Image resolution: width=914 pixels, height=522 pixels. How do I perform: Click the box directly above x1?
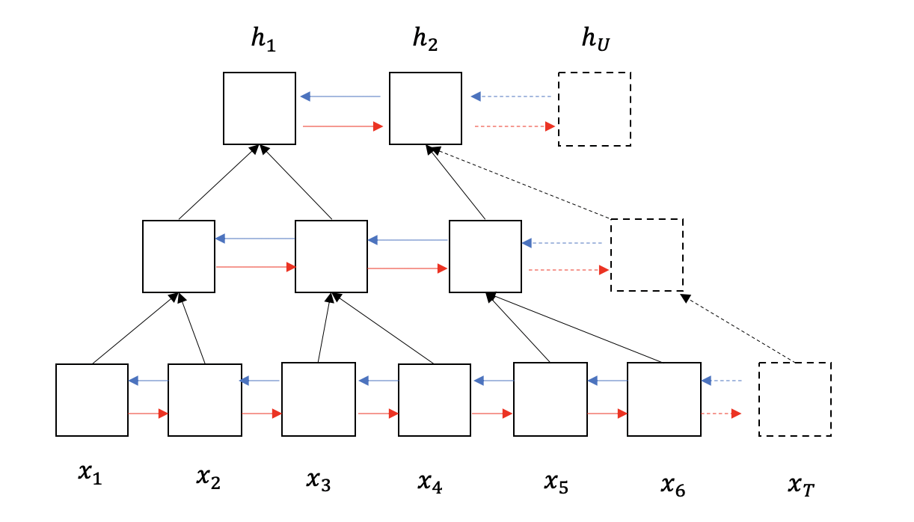(x=92, y=399)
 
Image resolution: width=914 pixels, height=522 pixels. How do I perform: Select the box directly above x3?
(x=318, y=399)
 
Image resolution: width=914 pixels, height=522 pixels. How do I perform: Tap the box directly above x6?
(x=663, y=399)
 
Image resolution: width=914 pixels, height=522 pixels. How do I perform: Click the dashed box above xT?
(x=794, y=399)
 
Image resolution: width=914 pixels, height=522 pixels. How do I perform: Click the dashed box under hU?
(x=595, y=108)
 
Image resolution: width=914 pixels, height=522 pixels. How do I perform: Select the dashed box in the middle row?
(x=647, y=255)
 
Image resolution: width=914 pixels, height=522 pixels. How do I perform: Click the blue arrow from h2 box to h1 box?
(x=340, y=96)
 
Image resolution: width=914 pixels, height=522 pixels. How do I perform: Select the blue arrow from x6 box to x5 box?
(x=607, y=381)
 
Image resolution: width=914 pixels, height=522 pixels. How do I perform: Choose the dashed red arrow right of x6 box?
(x=721, y=413)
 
